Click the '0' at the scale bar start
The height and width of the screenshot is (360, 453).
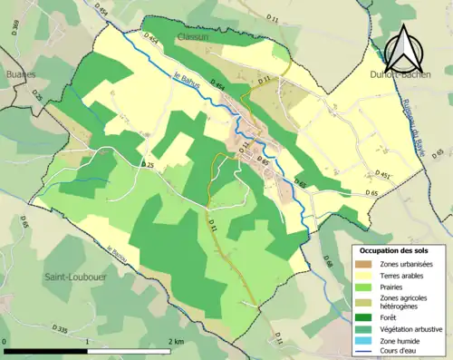coord(6,341)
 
